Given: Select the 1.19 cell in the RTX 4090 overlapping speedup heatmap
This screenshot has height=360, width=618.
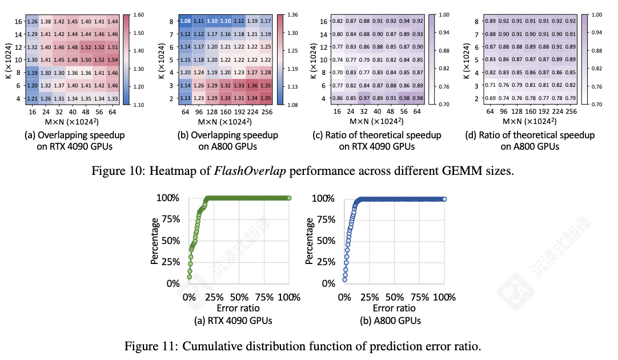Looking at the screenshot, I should (x=32, y=73).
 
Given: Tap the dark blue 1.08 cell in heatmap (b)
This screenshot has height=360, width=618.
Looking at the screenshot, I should (x=186, y=21).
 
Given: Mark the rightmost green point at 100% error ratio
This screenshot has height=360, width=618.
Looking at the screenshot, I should (x=289, y=198).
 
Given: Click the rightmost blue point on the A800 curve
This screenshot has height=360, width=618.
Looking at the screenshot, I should (x=444, y=199).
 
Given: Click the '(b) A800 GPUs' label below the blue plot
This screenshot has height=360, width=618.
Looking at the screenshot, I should (x=394, y=321).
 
